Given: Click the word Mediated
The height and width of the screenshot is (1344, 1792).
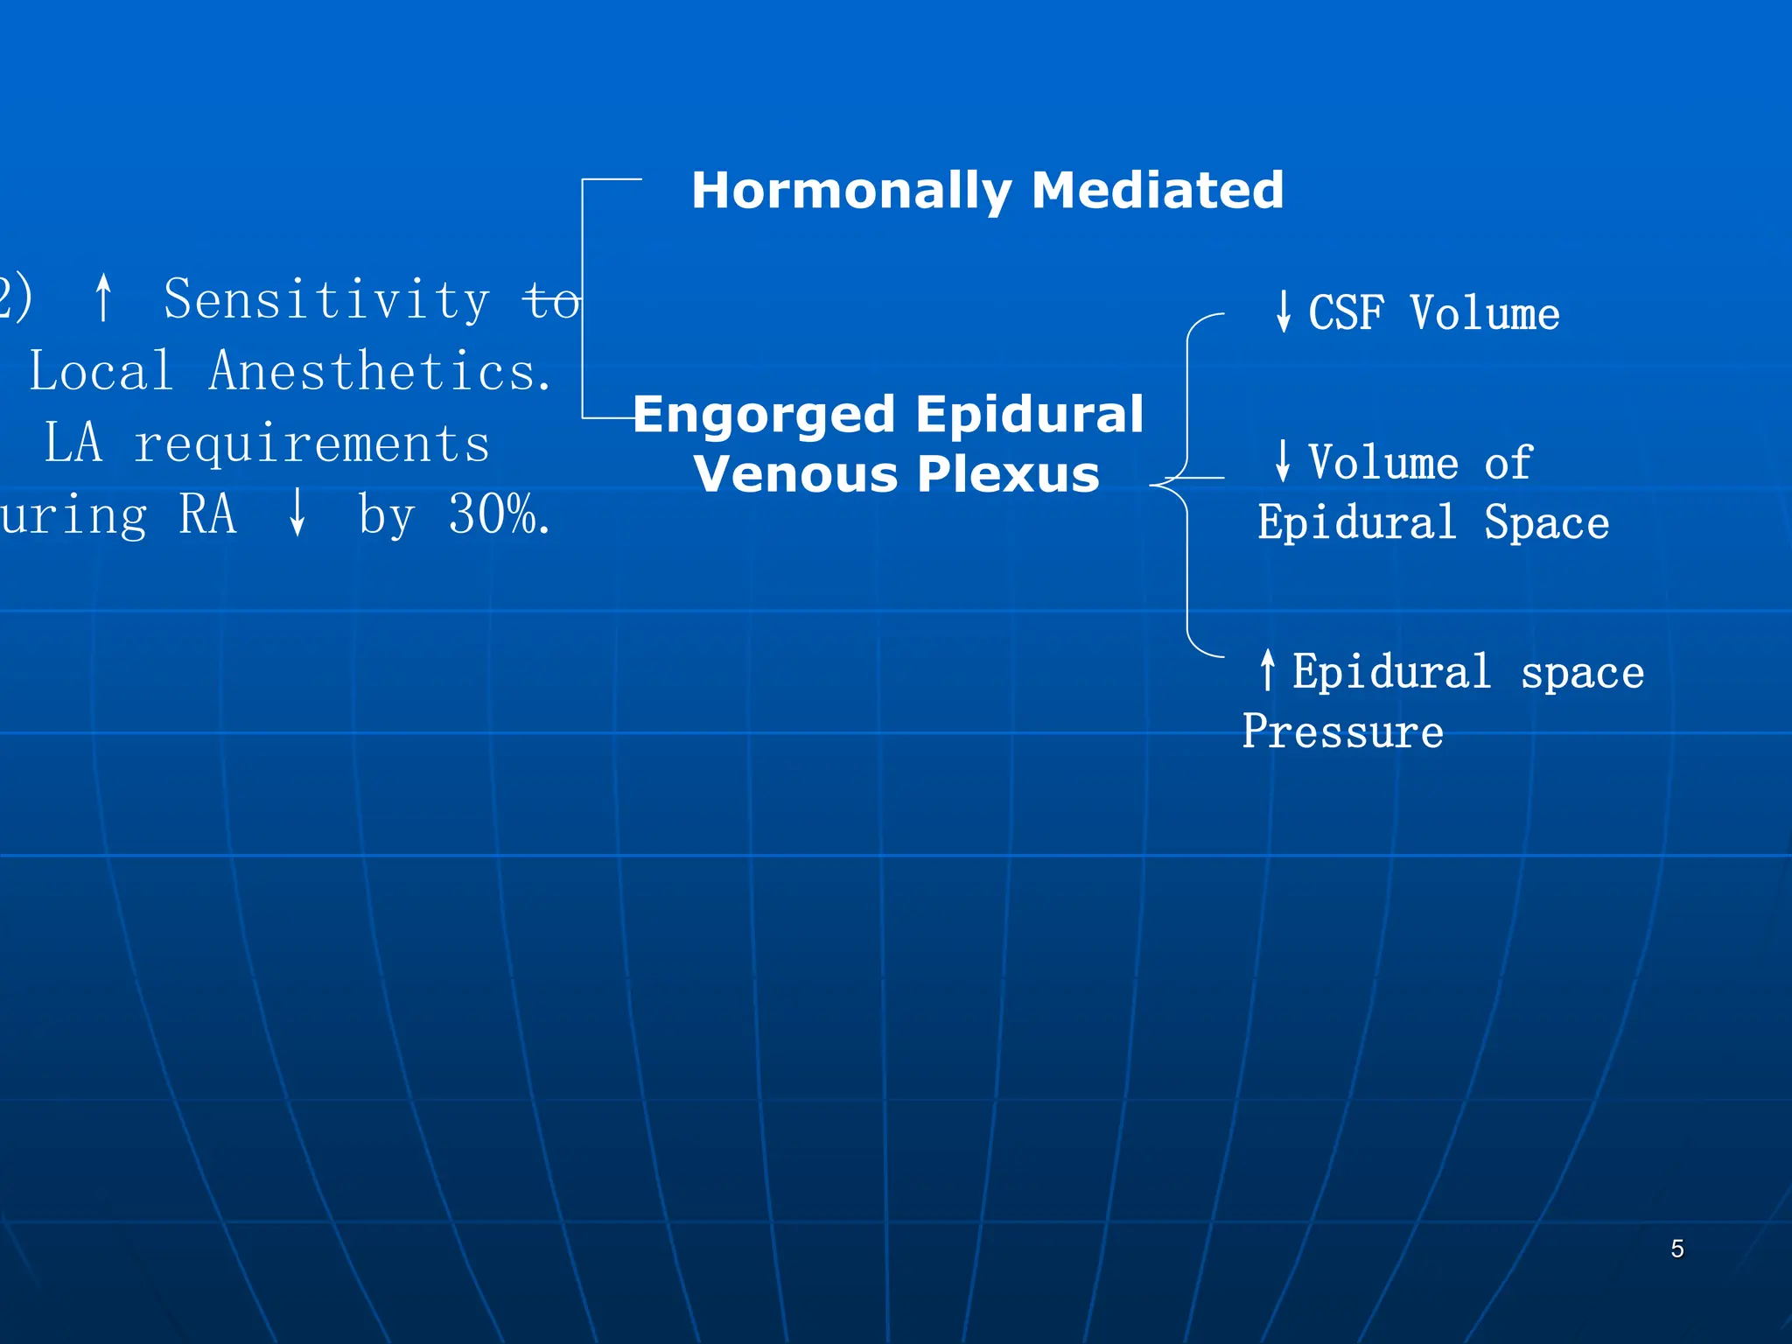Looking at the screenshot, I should click(x=1157, y=191).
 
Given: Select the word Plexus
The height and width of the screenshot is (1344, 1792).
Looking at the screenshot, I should click(x=1008, y=474).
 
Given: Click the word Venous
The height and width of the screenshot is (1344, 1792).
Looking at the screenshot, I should click(x=795, y=474).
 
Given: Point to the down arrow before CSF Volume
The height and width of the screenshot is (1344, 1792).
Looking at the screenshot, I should click(x=1283, y=311).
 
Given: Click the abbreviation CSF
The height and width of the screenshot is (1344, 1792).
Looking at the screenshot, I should click(x=1346, y=313).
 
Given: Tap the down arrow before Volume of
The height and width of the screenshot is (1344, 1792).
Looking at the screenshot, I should click(x=1283, y=461).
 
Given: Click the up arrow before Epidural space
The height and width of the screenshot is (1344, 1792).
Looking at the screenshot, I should click(x=1267, y=670).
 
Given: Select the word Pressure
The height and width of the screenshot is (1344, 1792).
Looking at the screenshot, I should click(x=1342, y=731).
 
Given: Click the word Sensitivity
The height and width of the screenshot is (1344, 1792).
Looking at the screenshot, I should click(x=326, y=300).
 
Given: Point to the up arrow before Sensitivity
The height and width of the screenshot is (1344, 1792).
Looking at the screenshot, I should click(x=103, y=297).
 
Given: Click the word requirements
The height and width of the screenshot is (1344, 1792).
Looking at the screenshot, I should click(x=311, y=444).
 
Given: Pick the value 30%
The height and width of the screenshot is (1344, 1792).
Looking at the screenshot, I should click(x=497, y=514).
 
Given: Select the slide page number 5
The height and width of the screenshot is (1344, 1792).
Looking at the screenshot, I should click(x=1676, y=1249).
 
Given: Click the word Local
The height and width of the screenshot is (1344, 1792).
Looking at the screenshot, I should click(x=101, y=372).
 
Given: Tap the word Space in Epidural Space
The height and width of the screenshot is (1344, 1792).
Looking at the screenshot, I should click(x=1546, y=523).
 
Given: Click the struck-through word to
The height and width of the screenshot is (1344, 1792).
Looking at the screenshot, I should click(x=551, y=302).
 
